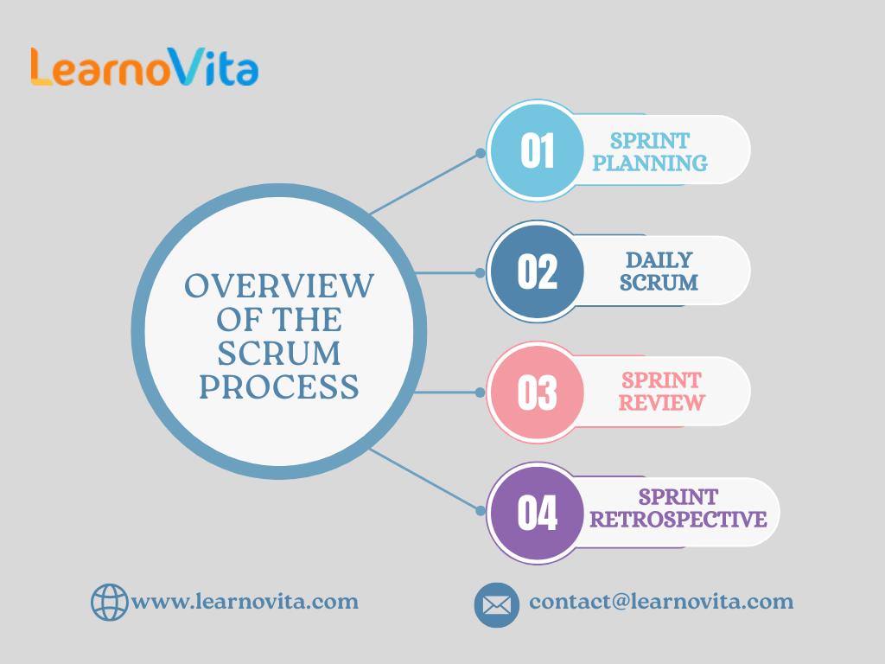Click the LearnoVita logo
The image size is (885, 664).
[144, 67]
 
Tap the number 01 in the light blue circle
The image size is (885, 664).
[538, 150]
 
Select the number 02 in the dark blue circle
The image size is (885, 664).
[538, 271]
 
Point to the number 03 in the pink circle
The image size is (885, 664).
[538, 393]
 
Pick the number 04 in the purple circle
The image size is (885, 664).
[538, 514]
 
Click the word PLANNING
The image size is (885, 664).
[650, 163]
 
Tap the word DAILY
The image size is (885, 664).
[659, 260]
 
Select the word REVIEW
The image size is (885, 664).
[661, 403]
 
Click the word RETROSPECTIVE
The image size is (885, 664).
[678, 520]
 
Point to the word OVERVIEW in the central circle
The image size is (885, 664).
[279, 285]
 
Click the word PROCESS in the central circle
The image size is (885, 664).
[279, 386]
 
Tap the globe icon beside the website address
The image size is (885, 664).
[110, 603]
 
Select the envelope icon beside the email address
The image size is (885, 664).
[497, 605]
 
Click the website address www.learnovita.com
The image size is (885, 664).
[245, 602]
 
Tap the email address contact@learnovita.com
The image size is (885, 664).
[661, 602]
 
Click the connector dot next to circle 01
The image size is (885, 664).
[481, 153]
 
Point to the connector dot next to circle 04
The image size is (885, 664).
[481, 511]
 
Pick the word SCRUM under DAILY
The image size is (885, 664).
[659, 283]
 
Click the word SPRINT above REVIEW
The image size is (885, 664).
[661, 380]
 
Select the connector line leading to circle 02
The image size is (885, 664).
[447, 273]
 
